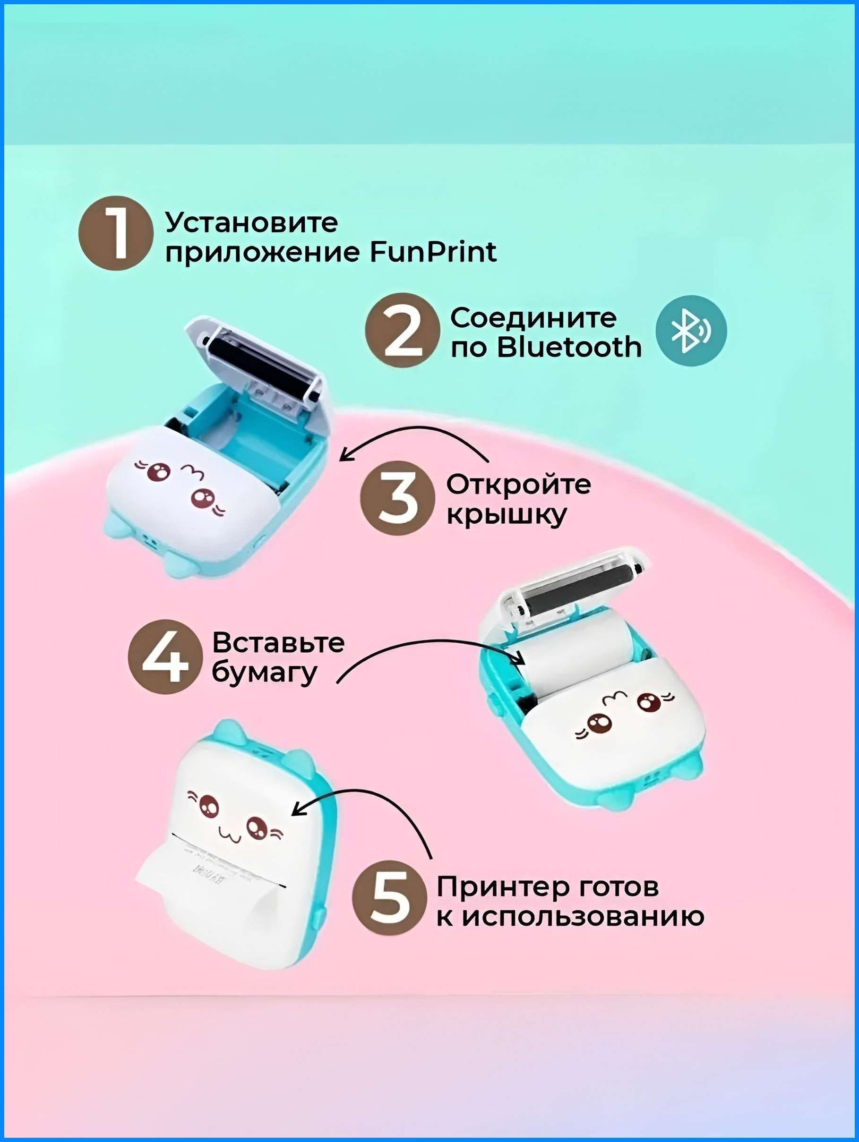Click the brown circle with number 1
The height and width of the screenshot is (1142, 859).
tap(116, 233)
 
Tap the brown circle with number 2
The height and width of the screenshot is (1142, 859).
tap(403, 331)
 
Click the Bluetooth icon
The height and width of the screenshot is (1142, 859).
tap(691, 331)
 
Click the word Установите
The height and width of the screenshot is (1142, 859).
tap(251, 223)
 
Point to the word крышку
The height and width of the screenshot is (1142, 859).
tap(506, 516)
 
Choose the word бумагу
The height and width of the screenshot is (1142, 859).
tap(264, 674)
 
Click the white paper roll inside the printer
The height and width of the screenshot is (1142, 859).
tap(578, 653)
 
